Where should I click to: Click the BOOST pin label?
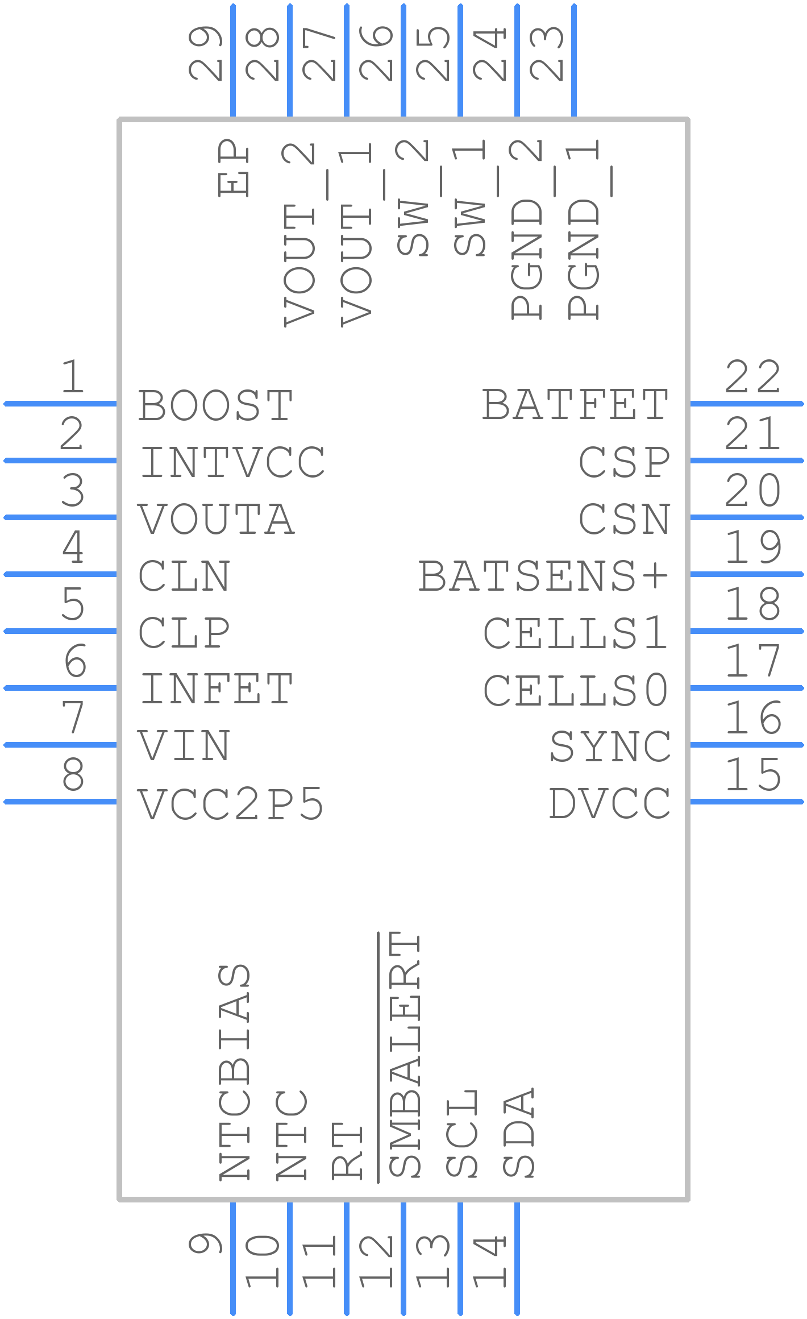tap(215, 405)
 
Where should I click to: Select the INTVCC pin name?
tap(232, 462)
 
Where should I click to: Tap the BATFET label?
tap(575, 405)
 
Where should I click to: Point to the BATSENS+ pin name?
tap(543, 576)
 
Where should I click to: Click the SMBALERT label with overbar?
tap(404, 1055)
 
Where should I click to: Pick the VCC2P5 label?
tap(231, 804)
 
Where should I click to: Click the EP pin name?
tap(234, 168)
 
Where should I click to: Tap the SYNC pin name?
tap(610, 746)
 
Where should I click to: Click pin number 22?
tap(753, 377)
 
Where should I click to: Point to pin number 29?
tap(205, 53)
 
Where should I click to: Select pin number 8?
tap(73, 774)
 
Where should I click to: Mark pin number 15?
tap(753, 774)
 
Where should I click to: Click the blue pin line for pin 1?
tap(60, 404)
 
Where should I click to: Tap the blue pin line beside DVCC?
tap(747, 802)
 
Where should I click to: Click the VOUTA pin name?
tap(216, 519)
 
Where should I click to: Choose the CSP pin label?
tap(625, 462)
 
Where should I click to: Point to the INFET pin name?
tap(216, 689)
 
